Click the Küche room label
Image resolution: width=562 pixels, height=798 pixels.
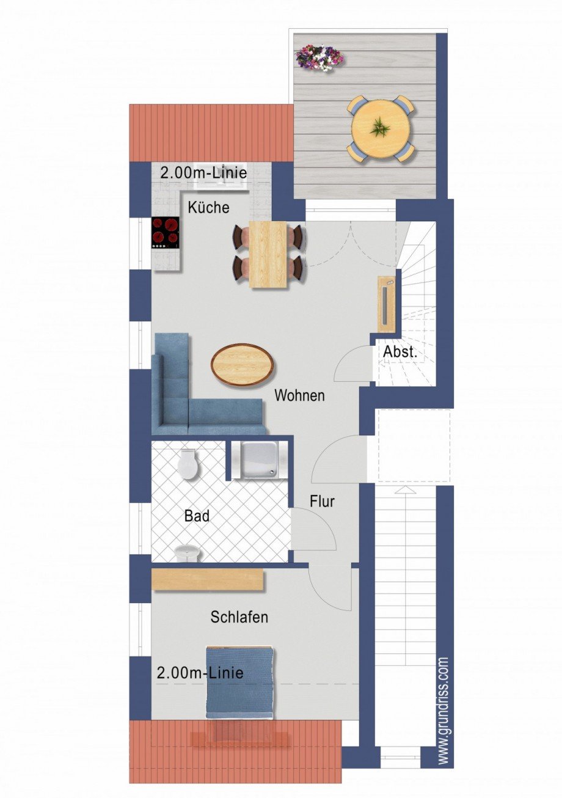click(x=208, y=208)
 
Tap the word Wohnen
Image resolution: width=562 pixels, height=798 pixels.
click(x=299, y=395)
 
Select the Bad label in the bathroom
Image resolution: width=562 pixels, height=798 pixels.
click(x=197, y=516)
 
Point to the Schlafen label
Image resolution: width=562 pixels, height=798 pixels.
click(x=239, y=617)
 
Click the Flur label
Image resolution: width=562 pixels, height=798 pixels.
click(x=322, y=502)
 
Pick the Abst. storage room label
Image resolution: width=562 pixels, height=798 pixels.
click(x=400, y=353)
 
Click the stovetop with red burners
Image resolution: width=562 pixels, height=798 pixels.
click(x=166, y=233)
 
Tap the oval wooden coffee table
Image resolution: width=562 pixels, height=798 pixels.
click(x=243, y=365)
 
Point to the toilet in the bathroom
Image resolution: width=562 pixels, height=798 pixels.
click(x=188, y=465)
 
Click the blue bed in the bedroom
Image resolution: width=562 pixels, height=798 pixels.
click(x=239, y=681)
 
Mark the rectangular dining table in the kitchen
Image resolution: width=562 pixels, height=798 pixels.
click(x=268, y=254)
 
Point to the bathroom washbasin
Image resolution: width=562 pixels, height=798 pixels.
click(x=188, y=553)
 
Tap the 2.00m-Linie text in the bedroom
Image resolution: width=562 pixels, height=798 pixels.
click(x=200, y=673)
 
